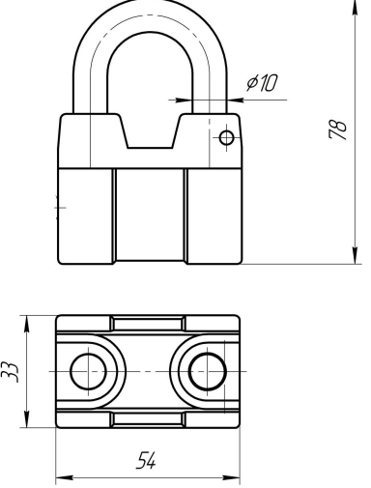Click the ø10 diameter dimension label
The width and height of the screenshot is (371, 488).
click(x=262, y=83)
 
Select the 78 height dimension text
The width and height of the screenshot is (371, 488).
click(x=337, y=130)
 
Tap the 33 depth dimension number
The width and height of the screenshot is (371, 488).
click(x=10, y=372)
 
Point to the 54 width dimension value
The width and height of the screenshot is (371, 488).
click(x=147, y=460)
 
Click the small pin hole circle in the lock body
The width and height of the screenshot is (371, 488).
click(x=226, y=138)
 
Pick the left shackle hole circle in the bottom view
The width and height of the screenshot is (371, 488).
click(x=88, y=371)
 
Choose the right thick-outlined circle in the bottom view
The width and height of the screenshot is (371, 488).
click(x=208, y=371)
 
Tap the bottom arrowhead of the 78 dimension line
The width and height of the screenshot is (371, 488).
click(x=355, y=255)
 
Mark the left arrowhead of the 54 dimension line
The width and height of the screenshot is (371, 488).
click(x=65, y=477)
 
